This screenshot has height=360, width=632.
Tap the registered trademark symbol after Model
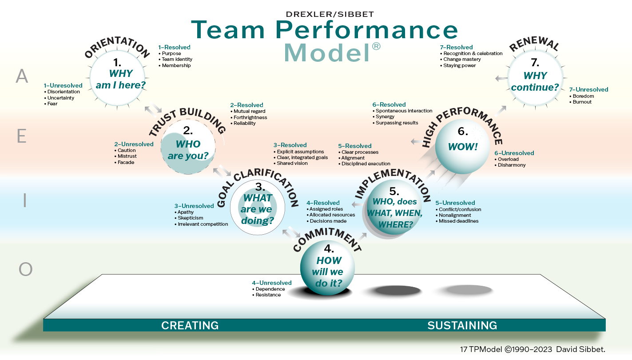[376, 47]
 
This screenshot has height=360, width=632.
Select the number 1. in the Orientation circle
[117, 62]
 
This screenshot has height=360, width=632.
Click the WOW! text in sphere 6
[462, 147]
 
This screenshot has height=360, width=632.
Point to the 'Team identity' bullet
[177, 60]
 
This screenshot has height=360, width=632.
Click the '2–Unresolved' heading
[134, 144]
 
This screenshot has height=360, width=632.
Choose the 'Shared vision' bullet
[292, 163]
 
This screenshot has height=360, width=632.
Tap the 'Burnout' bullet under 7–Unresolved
[582, 102]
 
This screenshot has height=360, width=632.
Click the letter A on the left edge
[22, 77]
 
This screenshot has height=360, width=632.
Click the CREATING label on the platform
[190, 325]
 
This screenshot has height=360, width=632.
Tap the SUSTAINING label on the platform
[462, 325]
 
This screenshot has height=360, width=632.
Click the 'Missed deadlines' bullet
[458, 221]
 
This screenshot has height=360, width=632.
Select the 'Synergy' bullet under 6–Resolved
[385, 116]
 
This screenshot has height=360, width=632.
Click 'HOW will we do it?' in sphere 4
[329, 271]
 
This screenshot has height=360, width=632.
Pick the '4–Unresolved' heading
[271, 283]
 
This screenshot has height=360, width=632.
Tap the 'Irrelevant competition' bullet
[203, 224]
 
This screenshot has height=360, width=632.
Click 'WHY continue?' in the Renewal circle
[535, 81]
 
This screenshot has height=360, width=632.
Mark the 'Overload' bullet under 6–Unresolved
[508, 159]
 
